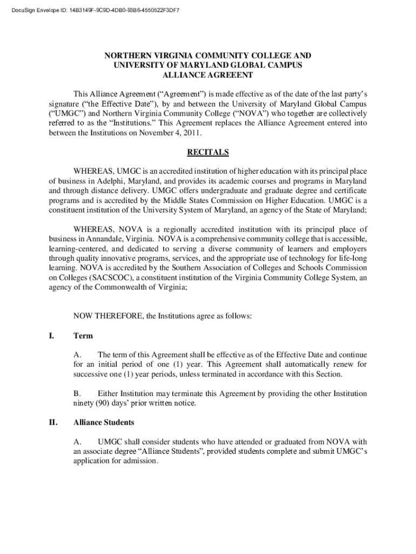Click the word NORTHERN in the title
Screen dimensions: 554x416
pos(126,56)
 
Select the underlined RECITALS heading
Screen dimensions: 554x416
pos(207,152)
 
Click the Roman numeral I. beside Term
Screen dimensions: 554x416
pos(51,336)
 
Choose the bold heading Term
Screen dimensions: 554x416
pos(83,336)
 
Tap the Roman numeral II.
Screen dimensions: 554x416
pos(53,422)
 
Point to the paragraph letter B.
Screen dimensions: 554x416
pos(77,393)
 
